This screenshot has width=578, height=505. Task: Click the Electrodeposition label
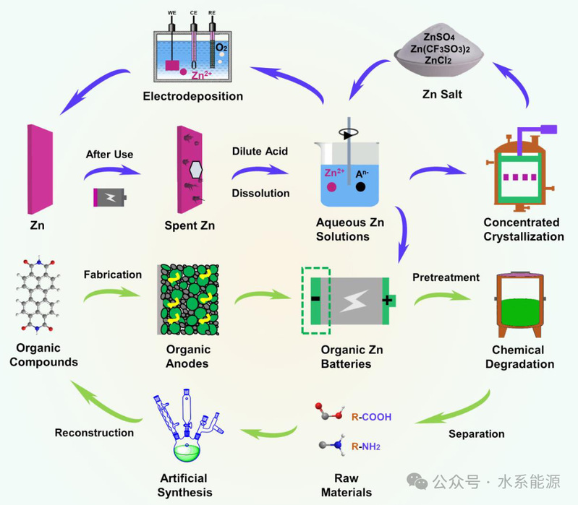(x=192, y=96)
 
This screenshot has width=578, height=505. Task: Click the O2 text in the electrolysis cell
(x=223, y=48)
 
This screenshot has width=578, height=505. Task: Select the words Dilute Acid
(x=260, y=152)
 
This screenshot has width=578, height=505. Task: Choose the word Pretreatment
(x=446, y=277)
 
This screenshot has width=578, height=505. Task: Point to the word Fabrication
(x=113, y=275)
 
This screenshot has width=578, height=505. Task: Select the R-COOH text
(x=370, y=418)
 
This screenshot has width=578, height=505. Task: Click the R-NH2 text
(x=365, y=447)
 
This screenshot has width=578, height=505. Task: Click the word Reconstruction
(x=94, y=432)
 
